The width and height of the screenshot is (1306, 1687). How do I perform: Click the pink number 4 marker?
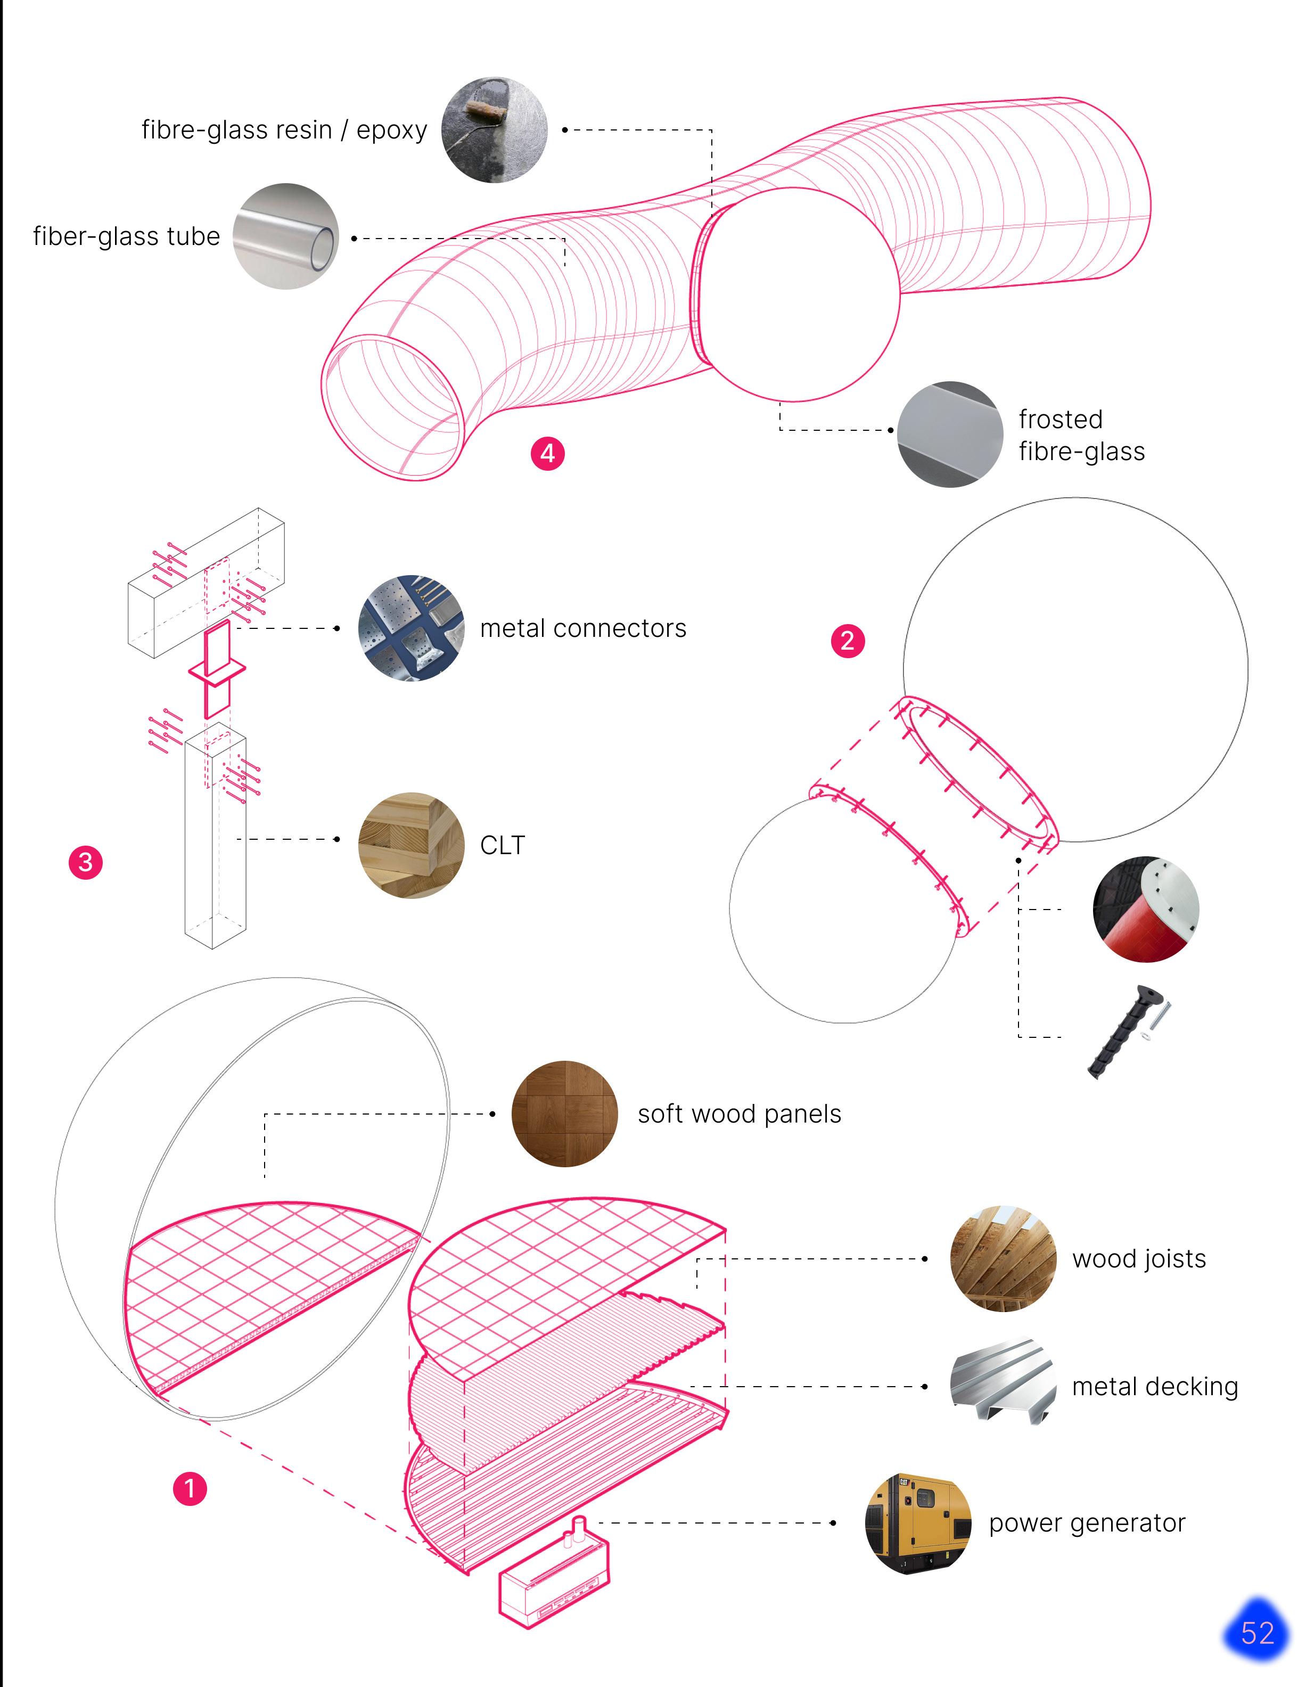pyautogui.click(x=547, y=453)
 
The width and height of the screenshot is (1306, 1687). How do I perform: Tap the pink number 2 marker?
pyautogui.click(x=847, y=641)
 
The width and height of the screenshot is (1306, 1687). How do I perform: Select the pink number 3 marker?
pyautogui.click(x=86, y=862)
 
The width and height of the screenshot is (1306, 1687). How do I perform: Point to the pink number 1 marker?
pyautogui.click(x=190, y=1488)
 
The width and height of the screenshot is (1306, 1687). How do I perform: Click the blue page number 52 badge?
pyautogui.click(x=1256, y=1633)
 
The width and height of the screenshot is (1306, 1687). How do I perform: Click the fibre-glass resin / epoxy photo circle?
pyautogui.click(x=494, y=130)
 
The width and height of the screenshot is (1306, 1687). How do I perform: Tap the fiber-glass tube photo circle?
pyautogui.click(x=286, y=236)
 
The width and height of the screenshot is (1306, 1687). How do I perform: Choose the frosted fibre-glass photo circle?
pyautogui.click(x=950, y=434)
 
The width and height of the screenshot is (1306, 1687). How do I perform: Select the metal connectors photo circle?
pyautogui.click(x=411, y=628)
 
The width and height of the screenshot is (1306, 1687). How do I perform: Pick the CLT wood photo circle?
pyautogui.click(x=411, y=845)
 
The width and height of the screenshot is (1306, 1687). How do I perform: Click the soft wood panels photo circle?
pyautogui.click(x=564, y=1114)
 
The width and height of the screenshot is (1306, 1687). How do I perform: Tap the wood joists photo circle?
pyautogui.click(x=1003, y=1259)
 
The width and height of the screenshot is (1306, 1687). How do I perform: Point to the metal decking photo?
pyautogui.click(x=1003, y=1387)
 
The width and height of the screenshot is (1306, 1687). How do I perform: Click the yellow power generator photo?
pyautogui.click(x=917, y=1523)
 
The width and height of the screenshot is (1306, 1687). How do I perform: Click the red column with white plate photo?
pyautogui.click(x=1145, y=909)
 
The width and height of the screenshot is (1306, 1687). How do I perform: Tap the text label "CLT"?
pyautogui.click(x=502, y=846)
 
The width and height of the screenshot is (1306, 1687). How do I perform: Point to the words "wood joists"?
pyautogui.click(x=1138, y=1259)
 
